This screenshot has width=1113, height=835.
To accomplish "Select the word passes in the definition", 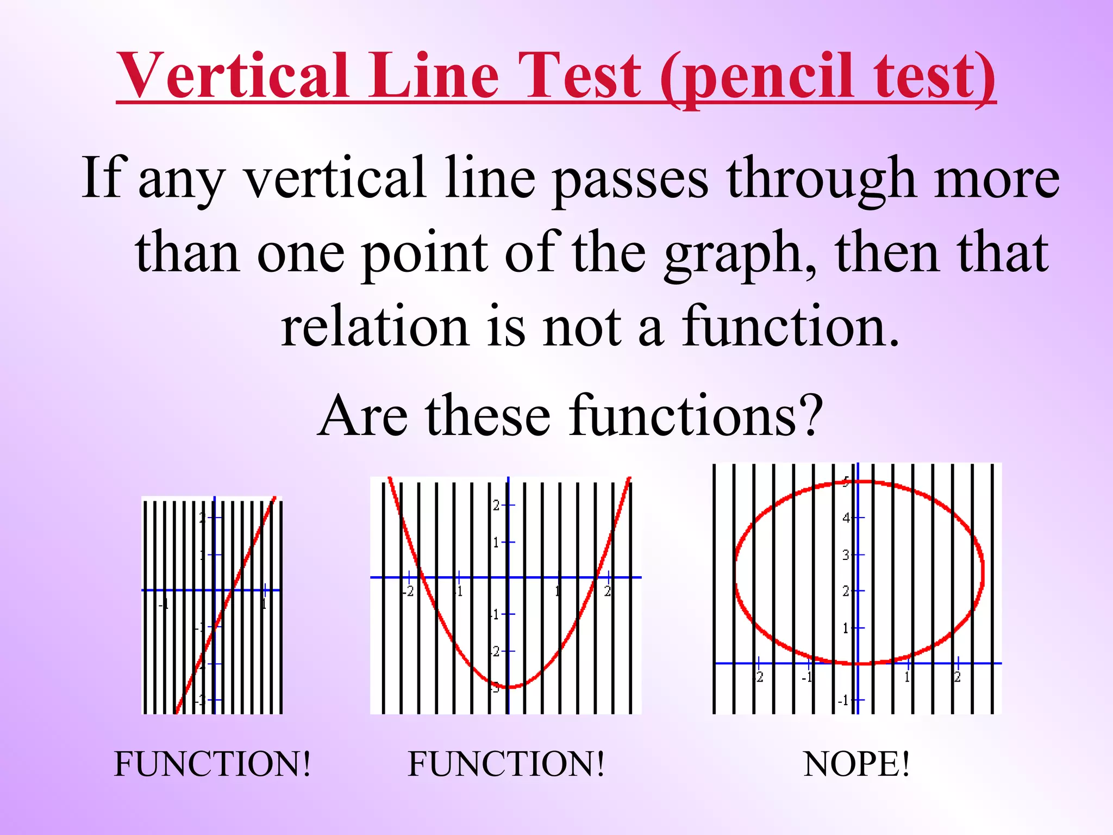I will [630, 179].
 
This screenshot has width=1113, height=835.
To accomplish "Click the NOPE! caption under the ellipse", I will [856, 764].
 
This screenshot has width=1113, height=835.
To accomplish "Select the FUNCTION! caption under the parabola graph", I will [505, 764].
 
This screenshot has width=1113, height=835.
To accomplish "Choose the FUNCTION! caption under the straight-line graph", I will [212, 764].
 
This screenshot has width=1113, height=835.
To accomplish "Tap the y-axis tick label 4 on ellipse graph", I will [846, 518].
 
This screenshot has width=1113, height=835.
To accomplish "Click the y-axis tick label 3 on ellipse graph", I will [846, 555].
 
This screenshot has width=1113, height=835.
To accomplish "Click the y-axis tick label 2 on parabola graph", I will [496, 505].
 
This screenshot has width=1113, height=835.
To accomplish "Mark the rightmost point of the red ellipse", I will [983, 571].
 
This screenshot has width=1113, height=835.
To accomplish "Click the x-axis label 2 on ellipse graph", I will [957, 677].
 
